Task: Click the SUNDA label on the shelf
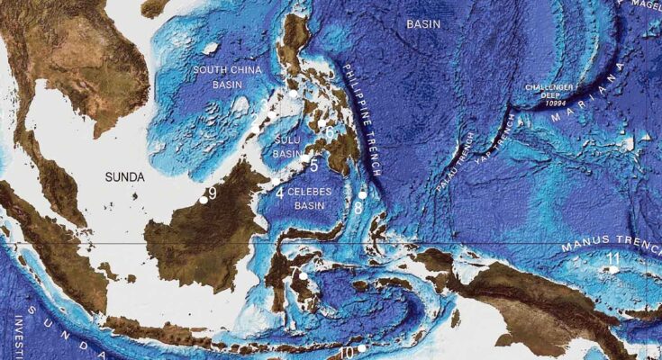123,177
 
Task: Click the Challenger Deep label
550,93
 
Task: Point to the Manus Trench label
611,242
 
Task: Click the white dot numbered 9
204,200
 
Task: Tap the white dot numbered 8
362,194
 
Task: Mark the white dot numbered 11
613,268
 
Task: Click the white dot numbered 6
322,124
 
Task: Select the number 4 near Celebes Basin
279,193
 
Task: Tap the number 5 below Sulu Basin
313,165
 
